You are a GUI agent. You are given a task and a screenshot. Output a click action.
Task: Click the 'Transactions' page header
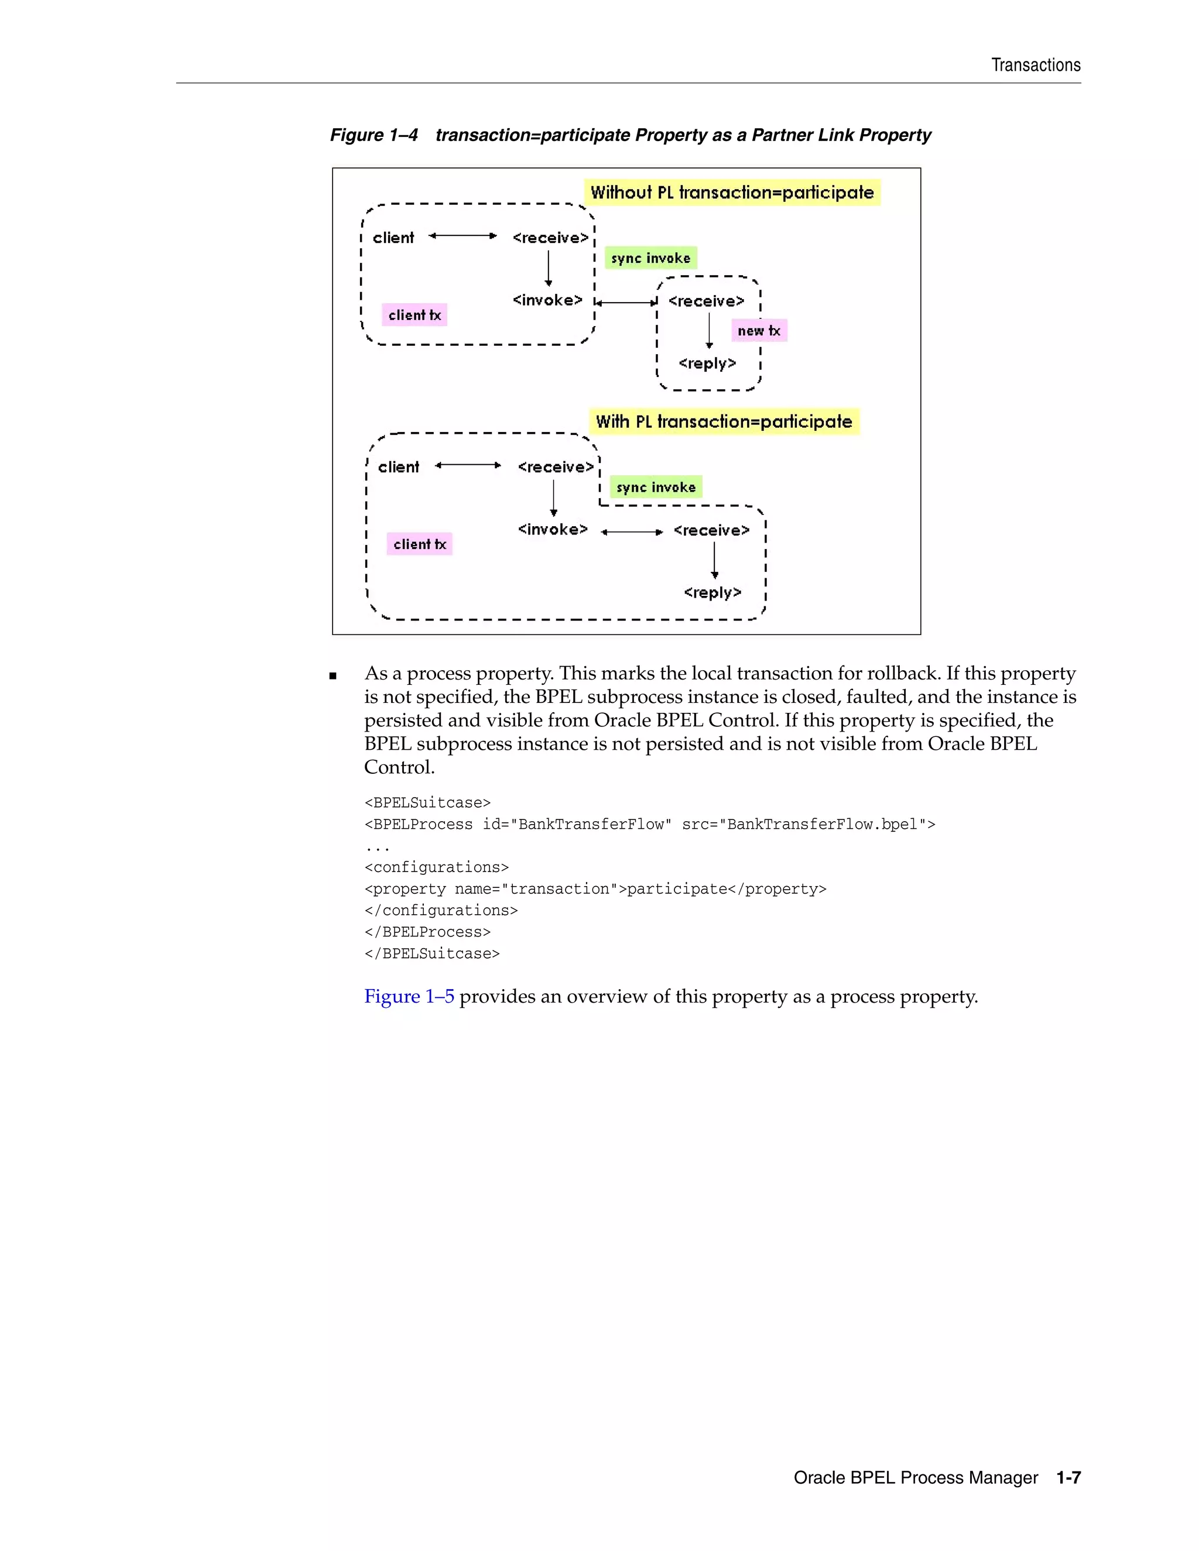pyautogui.click(x=1035, y=66)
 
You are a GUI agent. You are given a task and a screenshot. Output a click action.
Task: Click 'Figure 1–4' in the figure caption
pyautogui.click(x=374, y=135)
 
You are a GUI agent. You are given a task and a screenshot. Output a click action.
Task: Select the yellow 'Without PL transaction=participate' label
pyautogui.click(x=732, y=193)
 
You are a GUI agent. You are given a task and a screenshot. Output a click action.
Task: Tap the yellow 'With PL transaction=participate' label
pyautogui.click(x=724, y=422)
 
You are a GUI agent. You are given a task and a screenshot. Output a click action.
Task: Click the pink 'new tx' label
pyautogui.click(x=759, y=331)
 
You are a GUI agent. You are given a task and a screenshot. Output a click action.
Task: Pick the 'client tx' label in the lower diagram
pyautogui.click(x=420, y=545)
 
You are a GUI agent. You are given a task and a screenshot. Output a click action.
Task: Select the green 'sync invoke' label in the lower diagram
pyautogui.click(x=656, y=487)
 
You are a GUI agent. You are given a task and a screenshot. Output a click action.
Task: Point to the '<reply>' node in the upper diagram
pyautogui.click(x=707, y=363)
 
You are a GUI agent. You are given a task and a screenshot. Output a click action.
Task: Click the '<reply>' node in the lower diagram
pyautogui.click(x=712, y=593)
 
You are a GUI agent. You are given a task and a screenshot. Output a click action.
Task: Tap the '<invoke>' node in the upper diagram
pyautogui.click(x=547, y=300)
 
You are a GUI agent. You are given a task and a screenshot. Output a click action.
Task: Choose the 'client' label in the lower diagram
pyautogui.click(x=399, y=467)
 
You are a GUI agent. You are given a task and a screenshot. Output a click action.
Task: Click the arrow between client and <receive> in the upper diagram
pyautogui.click(x=463, y=236)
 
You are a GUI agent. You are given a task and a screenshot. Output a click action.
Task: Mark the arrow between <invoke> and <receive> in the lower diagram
pyautogui.click(x=632, y=532)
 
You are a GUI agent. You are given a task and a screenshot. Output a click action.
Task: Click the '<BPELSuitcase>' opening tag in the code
pyautogui.click(x=427, y=803)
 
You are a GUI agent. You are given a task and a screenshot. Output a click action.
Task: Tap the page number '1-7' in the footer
pyautogui.click(x=1068, y=1478)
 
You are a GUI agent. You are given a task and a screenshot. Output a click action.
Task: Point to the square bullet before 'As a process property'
pyautogui.click(x=333, y=676)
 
